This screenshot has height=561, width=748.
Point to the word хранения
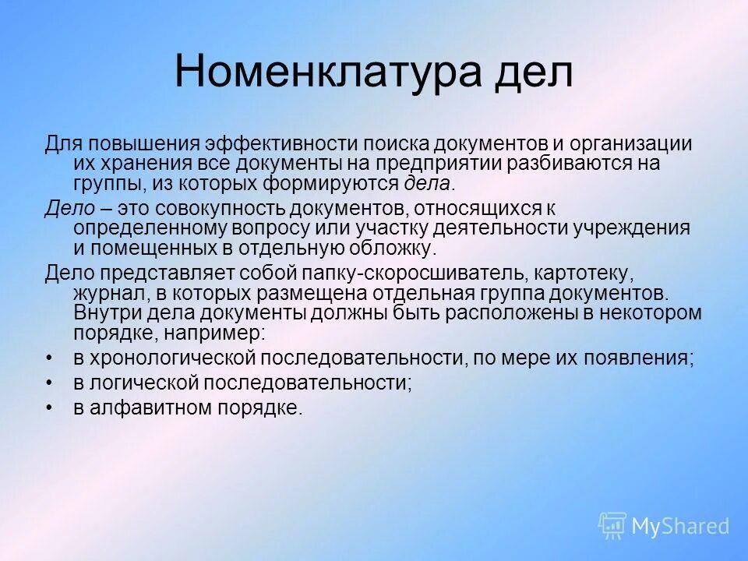(140, 164)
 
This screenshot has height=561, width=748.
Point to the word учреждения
(630, 228)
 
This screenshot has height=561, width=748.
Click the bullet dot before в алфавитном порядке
(50, 408)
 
